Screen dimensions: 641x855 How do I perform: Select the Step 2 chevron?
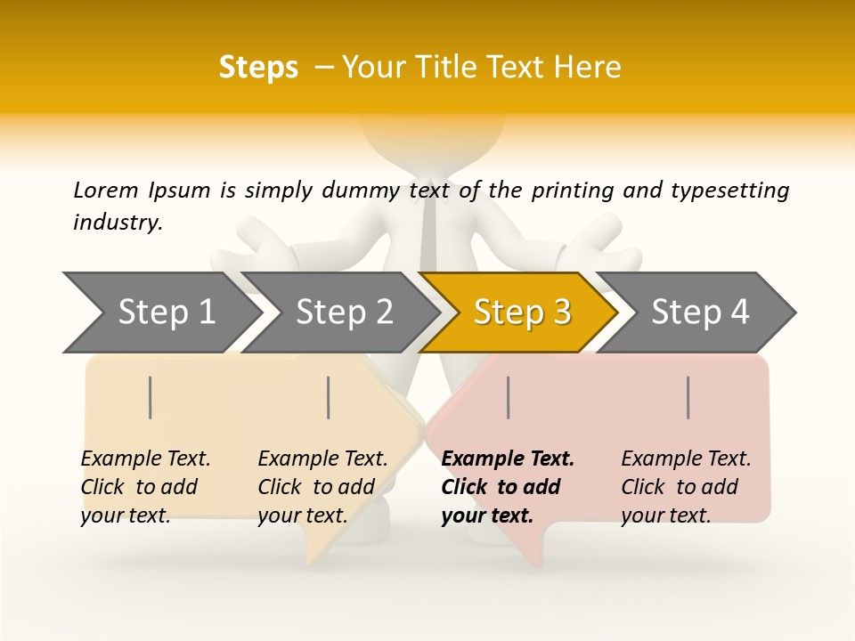point(339,312)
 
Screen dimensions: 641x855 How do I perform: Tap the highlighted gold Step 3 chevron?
point(520,312)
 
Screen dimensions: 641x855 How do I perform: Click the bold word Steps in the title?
point(258,68)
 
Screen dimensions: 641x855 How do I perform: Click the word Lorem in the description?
point(105,191)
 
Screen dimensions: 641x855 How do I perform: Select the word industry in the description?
point(117,223)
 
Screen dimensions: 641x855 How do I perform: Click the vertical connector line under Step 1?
point(151,397)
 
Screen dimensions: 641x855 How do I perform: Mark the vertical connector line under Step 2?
point(329,397)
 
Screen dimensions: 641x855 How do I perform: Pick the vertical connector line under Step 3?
point(508,397)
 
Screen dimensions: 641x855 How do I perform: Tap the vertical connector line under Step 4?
point(688,397)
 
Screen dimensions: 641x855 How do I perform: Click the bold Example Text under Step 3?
point(508,459)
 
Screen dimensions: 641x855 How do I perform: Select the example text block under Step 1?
point(145,487)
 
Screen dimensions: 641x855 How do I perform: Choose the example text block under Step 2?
point(322,487)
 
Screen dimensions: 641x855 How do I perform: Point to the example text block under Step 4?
point(686,487)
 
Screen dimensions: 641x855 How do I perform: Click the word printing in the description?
point(568,191)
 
